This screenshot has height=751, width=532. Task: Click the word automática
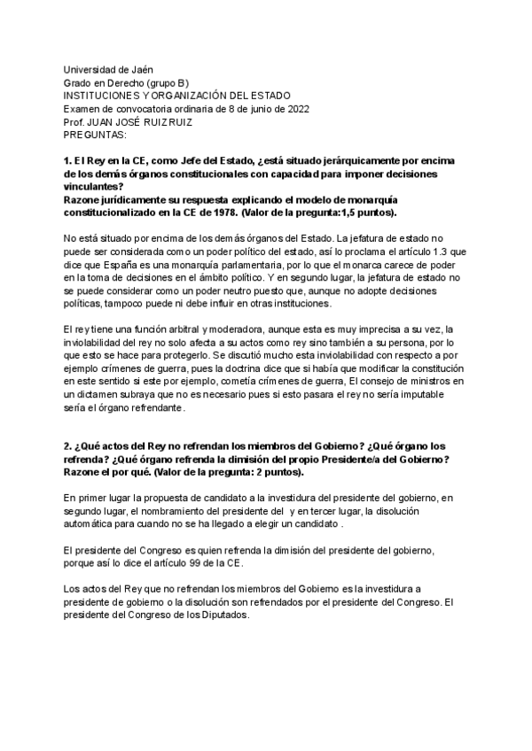click(94, 525)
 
